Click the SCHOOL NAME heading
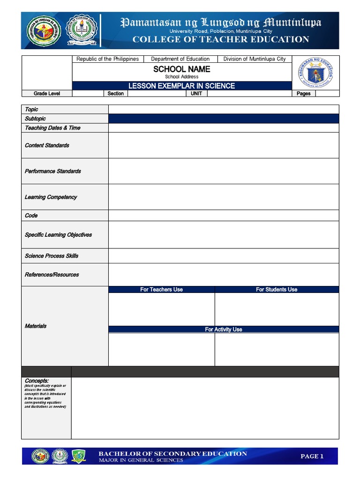click(181, 69)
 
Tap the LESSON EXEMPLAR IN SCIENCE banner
click(181, 86)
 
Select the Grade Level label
click(46, 94)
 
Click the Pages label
click(304, 94)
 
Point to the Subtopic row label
click(35, 119)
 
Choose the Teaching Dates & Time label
click(52, 128)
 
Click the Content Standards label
click(47, 145)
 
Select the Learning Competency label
click(51, 197)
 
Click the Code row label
click(31, 216)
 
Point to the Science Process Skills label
click(52, 256)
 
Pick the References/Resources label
click(52, 275)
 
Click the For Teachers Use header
click(161, 290)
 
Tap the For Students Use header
click(277, 290)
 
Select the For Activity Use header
click(224, 330)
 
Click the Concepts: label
click(37, 381)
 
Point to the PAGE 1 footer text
click(312, 456)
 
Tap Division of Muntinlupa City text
click(254, 59)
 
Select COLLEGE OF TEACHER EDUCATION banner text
click(220, 39)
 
